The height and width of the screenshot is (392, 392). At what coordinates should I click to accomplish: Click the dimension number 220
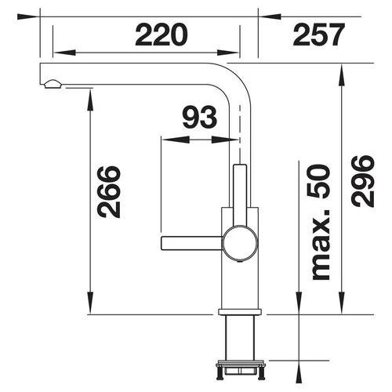pyautogui.click(x=162, y=34)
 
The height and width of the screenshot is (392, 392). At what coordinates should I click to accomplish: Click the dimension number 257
pyautogui.click(x=319, y=34)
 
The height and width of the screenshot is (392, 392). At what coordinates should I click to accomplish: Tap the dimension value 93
pyautogui.click(x=200, y=118)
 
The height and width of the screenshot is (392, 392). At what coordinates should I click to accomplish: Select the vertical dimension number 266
pyautogui.click(x=109, y=192)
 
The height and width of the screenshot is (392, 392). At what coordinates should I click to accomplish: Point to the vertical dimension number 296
pyautogui.click(x=363, y=181)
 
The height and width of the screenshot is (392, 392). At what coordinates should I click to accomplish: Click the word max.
pyautogui.click(x=321, y=245)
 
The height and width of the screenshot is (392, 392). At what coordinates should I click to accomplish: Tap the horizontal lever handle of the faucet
pyautogui.click(x=192, y=243)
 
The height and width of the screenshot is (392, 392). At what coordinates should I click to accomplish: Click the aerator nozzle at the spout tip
pyautogui.click(x=53, y=84)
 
